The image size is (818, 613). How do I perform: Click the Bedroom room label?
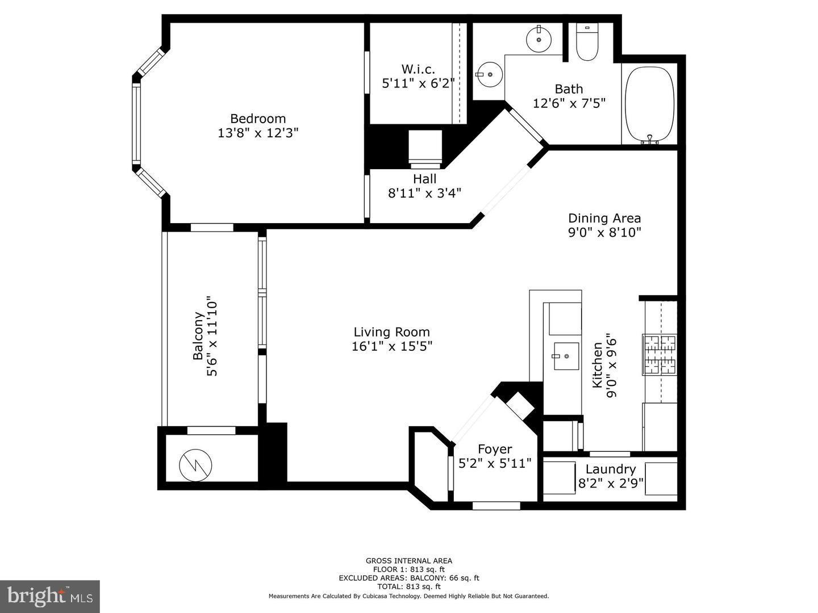(x=257, y=119)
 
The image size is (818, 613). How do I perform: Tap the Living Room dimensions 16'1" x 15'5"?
(x=391, y=346)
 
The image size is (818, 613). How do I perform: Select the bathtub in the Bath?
(x=649, y=104)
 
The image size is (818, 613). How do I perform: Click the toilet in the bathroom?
(x=587, y=43)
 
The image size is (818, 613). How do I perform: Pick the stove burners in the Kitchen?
(x=660, y=354)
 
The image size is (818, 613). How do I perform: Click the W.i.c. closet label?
(x=418, y=69)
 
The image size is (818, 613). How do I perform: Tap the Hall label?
(x=424, y=179)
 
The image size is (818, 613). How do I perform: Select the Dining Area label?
(x=604, y=218)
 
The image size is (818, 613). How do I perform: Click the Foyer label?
(x=494, y=449)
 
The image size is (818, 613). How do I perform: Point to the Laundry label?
(x=610, y=469)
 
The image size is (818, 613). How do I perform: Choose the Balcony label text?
(x=198, y=336)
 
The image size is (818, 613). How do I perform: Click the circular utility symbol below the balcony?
(x=195, y=465)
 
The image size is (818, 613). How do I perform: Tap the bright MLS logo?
(x=49, y=596)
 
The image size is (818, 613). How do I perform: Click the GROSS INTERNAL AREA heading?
(x=408, y=561)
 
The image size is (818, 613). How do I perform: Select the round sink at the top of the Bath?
(x=538, y=40)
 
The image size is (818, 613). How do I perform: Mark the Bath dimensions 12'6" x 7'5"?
(x=569, y=103)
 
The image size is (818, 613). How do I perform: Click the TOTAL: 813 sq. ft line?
(x=408, y=586)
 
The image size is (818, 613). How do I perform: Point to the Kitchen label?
(x=597, y=365)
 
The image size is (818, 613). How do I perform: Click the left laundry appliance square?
(x=560, y=477)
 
